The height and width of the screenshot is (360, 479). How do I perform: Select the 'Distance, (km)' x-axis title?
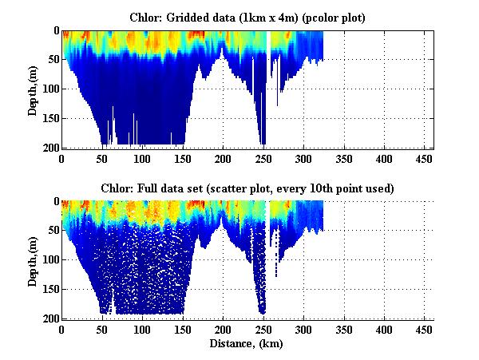[x=247, y=344]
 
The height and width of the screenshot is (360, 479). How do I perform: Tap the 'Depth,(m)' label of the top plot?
[x=33, y=89]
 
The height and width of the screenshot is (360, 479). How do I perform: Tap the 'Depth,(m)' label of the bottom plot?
[x=33, y=260]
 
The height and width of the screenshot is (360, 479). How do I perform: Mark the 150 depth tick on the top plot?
[x=50, y=119]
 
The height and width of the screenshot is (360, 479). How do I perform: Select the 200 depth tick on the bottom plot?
[x=50, y=318]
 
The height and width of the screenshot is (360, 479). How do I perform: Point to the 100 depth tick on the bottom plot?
[x=50, y=260]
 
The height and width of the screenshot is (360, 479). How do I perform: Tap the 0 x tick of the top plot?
[x=62, y=158]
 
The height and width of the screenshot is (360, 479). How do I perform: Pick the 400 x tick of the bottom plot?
[x=384, y=330]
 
